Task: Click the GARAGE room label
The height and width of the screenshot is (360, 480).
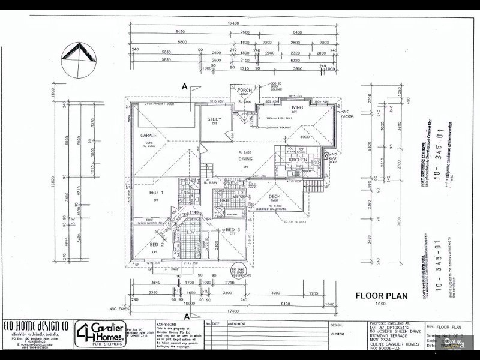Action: click(144, 136)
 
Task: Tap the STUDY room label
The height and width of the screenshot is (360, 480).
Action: click(214, 119)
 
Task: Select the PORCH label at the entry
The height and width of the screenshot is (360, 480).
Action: click(244, 90)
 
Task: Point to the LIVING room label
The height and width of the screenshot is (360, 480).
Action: click(296, 107)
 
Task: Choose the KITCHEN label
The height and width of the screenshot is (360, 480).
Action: click(298, 160)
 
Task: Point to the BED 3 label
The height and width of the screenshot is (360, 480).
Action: click(233, 230)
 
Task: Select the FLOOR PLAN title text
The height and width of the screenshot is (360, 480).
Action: click(382, 295)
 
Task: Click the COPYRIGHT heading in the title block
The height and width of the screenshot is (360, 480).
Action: click(167, 323)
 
